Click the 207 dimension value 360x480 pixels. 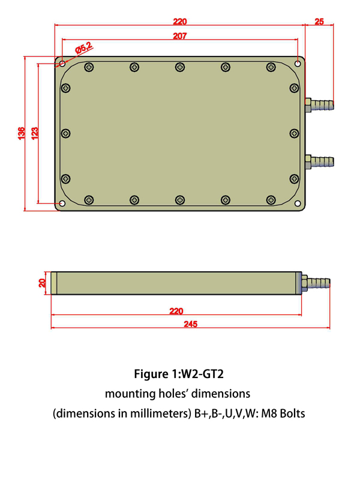[x=179, y=36]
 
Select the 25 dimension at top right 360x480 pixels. [x=319, y=22]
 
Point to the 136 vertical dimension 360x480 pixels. [x=22, y=133]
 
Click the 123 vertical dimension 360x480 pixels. [x=35, y=133]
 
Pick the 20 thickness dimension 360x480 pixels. [x=42, y=283]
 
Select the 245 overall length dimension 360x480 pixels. [x=190, y=323]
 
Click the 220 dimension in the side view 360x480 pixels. [x=176, y=311]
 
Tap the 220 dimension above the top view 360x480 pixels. [x=179, y=22]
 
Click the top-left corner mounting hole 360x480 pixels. [x=62, y=62]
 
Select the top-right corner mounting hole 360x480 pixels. [x=298, y=62]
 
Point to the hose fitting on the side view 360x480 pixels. [x=316, y=282]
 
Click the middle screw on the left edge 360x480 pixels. [x=65, y=133]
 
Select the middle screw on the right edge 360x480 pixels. [x=294, y=133]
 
